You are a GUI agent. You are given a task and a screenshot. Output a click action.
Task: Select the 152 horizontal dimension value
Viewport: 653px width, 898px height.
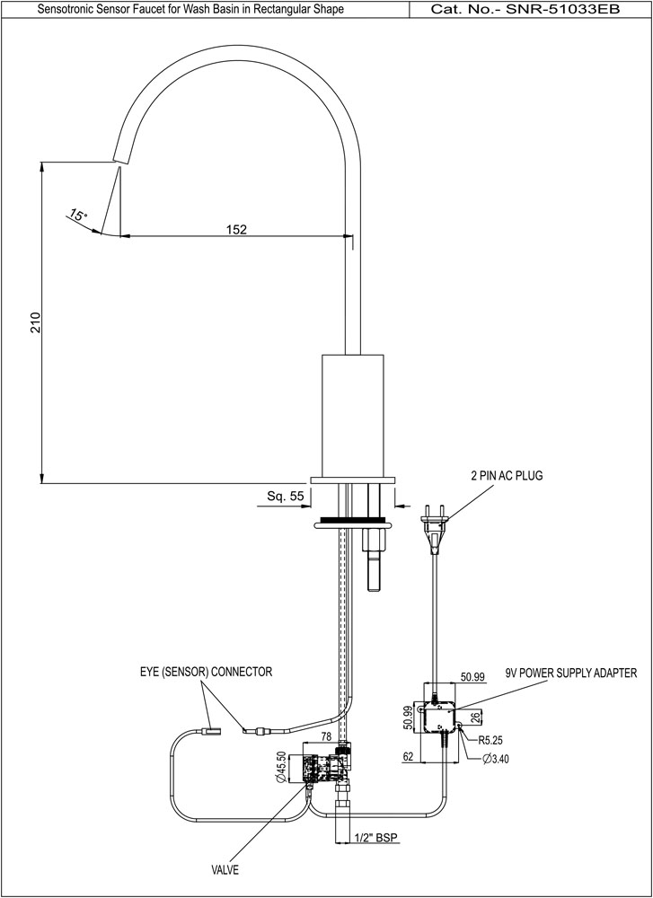click(x=236, y=229)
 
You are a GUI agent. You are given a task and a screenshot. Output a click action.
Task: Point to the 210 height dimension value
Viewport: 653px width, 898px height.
click(x=36, y=323)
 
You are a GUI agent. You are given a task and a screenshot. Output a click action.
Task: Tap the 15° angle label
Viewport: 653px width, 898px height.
click(x=78, y=216)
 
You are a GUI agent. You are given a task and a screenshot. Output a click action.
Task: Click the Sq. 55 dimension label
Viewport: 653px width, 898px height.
click(x=286, y=496)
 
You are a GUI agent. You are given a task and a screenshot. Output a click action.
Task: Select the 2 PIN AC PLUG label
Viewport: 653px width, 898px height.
click(x=507, y=475)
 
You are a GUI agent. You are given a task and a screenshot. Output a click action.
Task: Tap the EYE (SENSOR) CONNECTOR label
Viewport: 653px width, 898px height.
click(x=206, y=671)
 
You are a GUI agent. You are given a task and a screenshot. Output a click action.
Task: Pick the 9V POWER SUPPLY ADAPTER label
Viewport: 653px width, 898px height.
click(x=571, y=672)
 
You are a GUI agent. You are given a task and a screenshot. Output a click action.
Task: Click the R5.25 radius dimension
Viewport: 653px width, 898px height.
click(x=491, y=741)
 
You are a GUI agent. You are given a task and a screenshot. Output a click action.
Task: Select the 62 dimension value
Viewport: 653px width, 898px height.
click(x=408, y=757)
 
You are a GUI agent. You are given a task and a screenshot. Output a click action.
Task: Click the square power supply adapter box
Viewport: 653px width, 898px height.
click(x=440, y=717)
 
